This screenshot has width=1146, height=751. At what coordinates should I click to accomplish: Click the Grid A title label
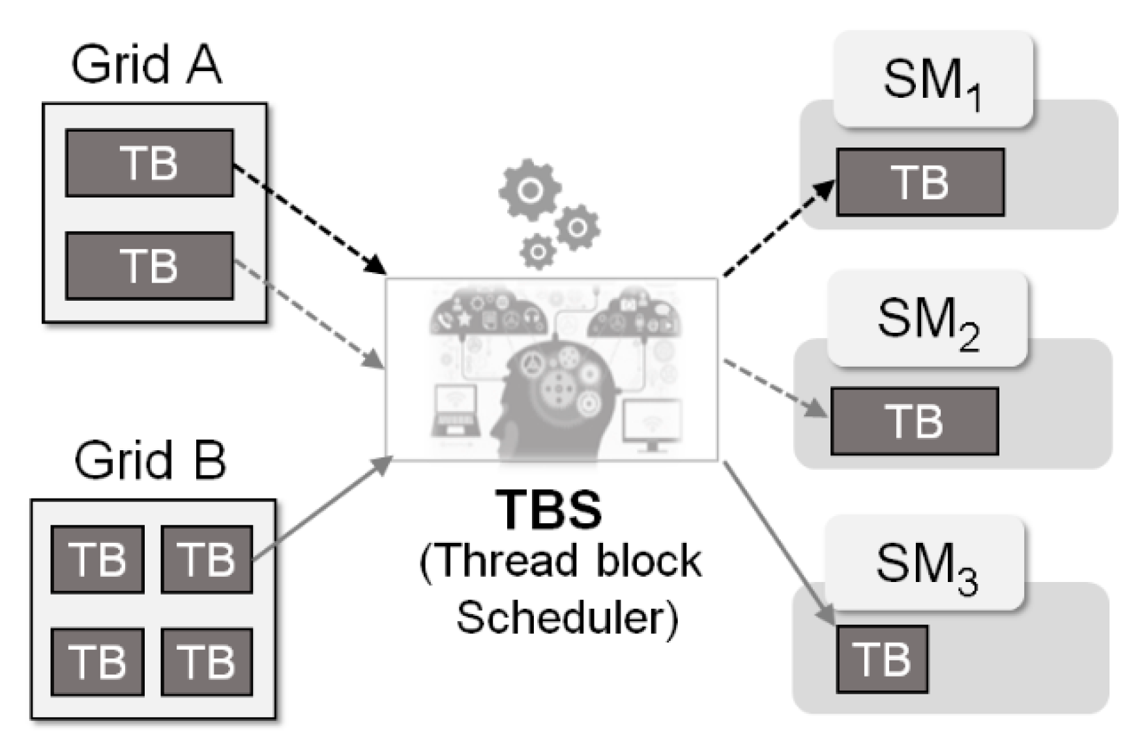pos(146,65)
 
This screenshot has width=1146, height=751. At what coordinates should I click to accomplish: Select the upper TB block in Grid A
pos(149,163)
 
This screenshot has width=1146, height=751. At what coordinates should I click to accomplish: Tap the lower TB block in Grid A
pos(149,266)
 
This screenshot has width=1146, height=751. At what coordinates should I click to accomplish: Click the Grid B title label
pos(150,461)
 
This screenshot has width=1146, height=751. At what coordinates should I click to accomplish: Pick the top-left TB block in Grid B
pos(98,559)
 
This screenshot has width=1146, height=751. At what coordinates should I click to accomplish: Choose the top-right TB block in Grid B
pos(207,559)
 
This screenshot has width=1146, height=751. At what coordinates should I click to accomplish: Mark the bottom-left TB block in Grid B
pos(98,662)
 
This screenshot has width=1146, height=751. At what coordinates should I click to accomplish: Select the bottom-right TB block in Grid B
pos(207,662)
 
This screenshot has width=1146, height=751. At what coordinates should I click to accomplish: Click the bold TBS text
pos(549,510)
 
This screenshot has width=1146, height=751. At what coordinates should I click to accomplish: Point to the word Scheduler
pos(567,617)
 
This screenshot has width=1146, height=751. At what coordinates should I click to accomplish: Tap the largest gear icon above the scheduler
pos(530,191)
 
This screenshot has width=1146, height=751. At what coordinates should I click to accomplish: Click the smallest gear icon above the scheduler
pos(538,252)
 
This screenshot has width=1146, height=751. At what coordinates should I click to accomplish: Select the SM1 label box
pos(933,80)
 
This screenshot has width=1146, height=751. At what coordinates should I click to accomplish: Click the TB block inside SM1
pos(920,182)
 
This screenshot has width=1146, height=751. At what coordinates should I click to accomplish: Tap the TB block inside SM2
pos(915,421)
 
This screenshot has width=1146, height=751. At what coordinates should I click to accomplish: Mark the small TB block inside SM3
pos(882,659)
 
